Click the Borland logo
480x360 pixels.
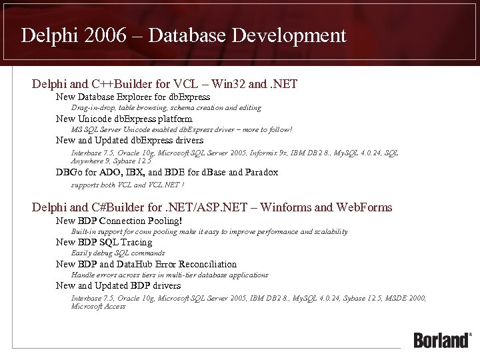click(x=442, y=339)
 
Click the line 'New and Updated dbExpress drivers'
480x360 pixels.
click(x=129, y=141)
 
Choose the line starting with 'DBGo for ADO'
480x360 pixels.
click(x=167, y=173)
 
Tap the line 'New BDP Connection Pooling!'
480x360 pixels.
click(x=119, y=221)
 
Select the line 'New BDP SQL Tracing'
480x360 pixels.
click(x=104, y=243)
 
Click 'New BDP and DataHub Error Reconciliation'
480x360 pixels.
click(x=146, y=265)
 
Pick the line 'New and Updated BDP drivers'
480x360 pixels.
click(x=119, y=286)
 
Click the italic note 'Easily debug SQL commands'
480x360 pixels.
click(x=118, y=253)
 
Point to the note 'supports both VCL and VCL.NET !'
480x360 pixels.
click(x=127, y=184)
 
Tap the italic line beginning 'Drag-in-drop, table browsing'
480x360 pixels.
click(x=166, y=108)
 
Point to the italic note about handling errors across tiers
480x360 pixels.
click(x=169, y=275)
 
